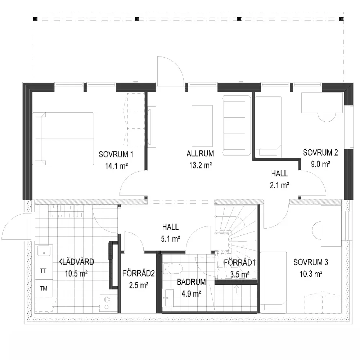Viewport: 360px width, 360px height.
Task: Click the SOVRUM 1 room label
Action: tap(116, 154)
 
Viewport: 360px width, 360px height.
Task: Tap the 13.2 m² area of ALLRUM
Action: tap(201, 165)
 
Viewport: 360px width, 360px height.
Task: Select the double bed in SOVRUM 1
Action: tap(63, 139)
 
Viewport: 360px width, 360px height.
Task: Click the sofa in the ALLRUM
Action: tap(237, 126)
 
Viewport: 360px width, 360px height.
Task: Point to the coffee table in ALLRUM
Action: tap(202, 126)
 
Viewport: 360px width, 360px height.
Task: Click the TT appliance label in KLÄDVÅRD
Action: tap(43, 271)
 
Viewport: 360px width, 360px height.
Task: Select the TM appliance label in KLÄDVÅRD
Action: tap(44, 288)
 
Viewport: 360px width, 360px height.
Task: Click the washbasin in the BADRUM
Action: tap(170, 298)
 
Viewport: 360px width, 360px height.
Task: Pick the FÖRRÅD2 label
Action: tap(139, 274)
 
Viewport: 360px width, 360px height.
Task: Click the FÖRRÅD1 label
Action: tap(240, 263)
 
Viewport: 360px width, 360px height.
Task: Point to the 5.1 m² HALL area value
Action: tap(170, 239)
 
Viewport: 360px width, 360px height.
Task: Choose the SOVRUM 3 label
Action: tap(311, 262)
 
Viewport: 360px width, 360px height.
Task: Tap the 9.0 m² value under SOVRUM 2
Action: tap(320, 164)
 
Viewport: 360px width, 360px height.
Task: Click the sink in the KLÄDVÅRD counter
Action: tap(44, 251)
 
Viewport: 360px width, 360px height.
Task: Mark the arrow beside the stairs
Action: tap(236, 289)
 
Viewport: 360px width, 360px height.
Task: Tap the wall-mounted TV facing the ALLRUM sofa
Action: tap(152, 126)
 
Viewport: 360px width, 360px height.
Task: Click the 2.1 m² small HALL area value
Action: tap(279, 185)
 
